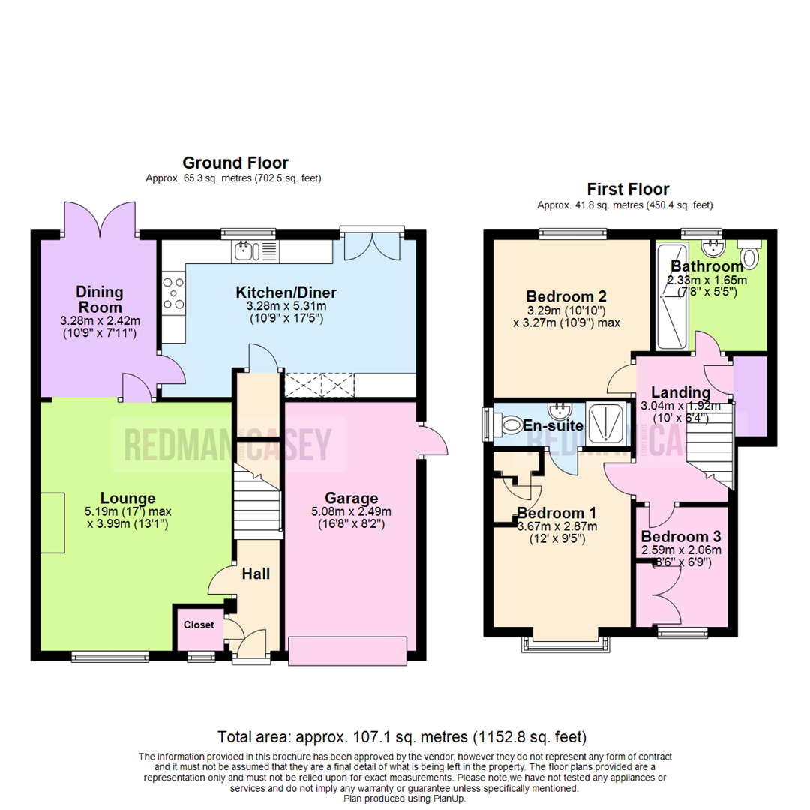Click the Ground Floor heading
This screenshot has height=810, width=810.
[x=235, y=163]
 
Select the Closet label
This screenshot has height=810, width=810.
[x=199, y=625]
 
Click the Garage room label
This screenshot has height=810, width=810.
[x=351, y=498]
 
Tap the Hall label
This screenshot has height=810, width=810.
[x=256, y=574]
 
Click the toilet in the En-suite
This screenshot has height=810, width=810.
[x=509, y=425]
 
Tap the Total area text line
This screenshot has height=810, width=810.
[x=401, y=736]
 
